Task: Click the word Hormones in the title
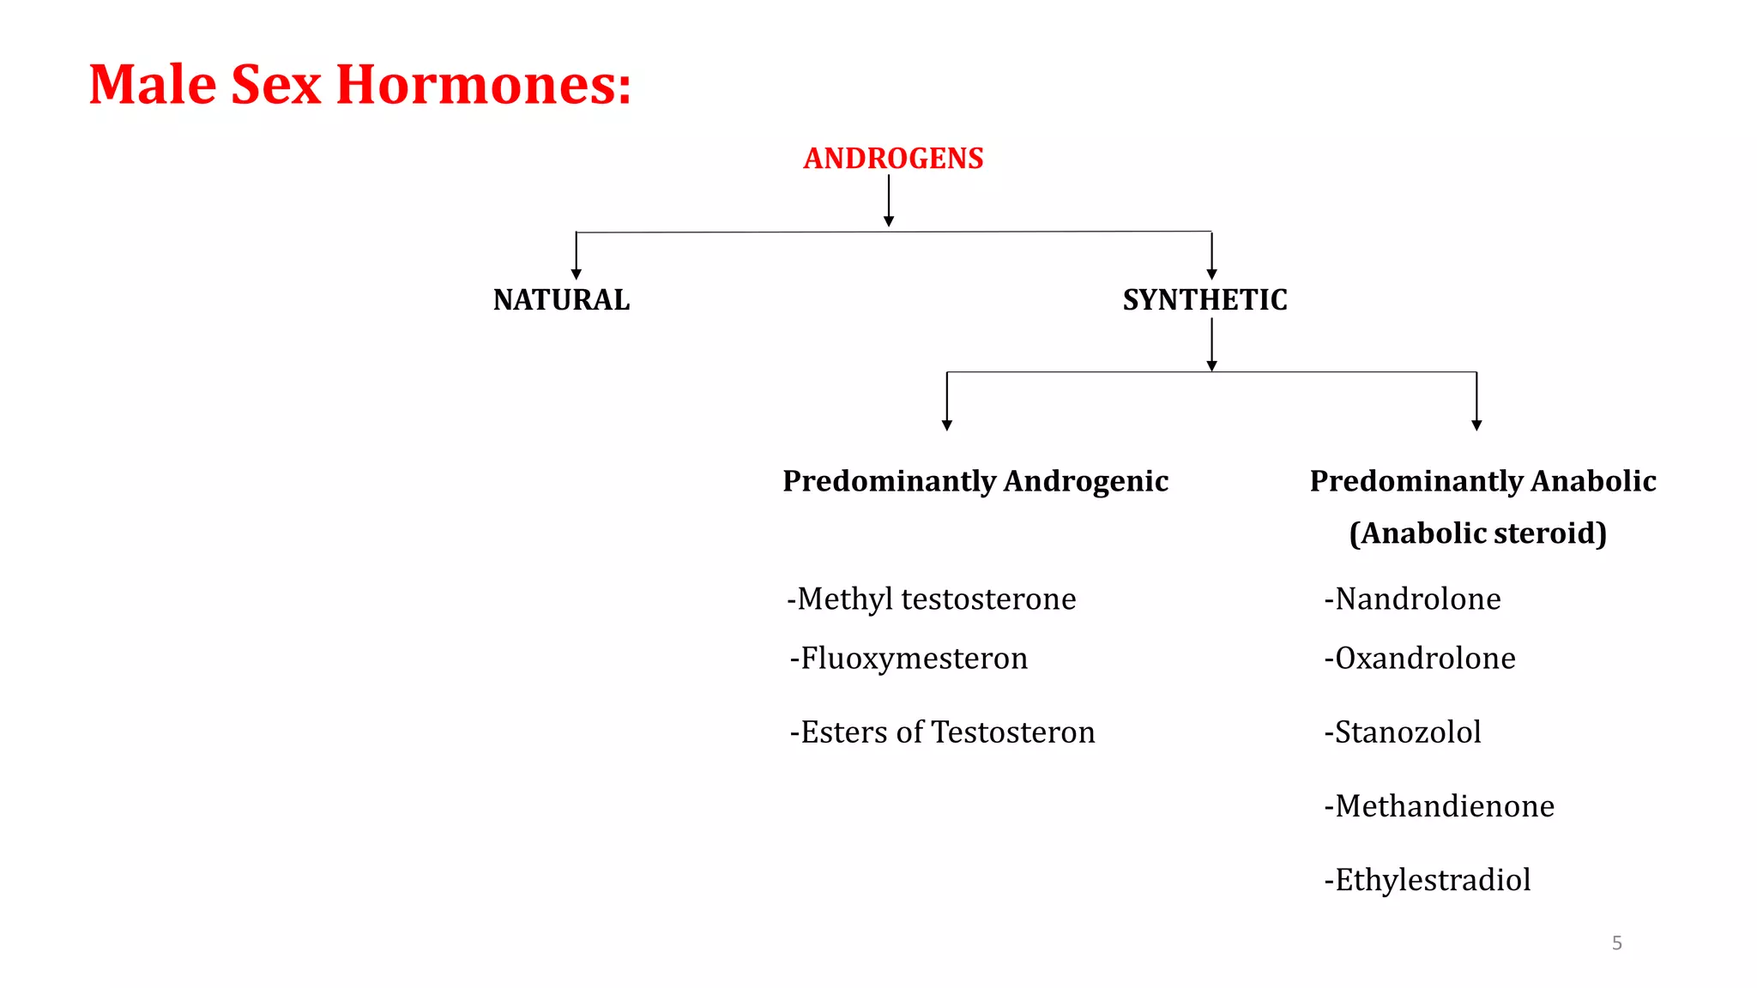pyautogui.click(x=483, y=85)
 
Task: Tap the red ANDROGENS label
pyautogui.click(x=893, y=159)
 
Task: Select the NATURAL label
pyautogui.click(x=561, y=300)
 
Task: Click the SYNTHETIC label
pyautogui.click(x=1205, y=300)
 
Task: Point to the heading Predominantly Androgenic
pyautogui.click(x=975, y=481)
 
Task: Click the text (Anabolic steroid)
pyautogui.click(x=1477, y=533)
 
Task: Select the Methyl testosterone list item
pyautogui.click(x=932, y=599)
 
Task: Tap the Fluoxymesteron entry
pyautogui.click(x=909, y=658)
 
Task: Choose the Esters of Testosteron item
pyautogui.click(x=942, y=732)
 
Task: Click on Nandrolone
pyautogui.click(x=1413, y=599)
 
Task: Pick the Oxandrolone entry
pyautogui.click(x=1420, y=658)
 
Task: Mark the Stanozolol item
pyautogui.click(x=1403, y=732)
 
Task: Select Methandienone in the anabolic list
pyautogui.click(x=1440, y=806)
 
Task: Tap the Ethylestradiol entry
pyautogui.click(x=1428, y=880)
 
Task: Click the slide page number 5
pyautogui.click(x=1617, y=943)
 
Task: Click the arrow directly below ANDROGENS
pyautogui.click(x=889, y=202)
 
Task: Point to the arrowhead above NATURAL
pyautogui.click(x=577, y=274)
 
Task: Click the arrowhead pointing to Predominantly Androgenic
pyautogui.click(x=947, y=425)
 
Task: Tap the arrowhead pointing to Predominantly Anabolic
pyautogui.click(x=1476, y=425)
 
